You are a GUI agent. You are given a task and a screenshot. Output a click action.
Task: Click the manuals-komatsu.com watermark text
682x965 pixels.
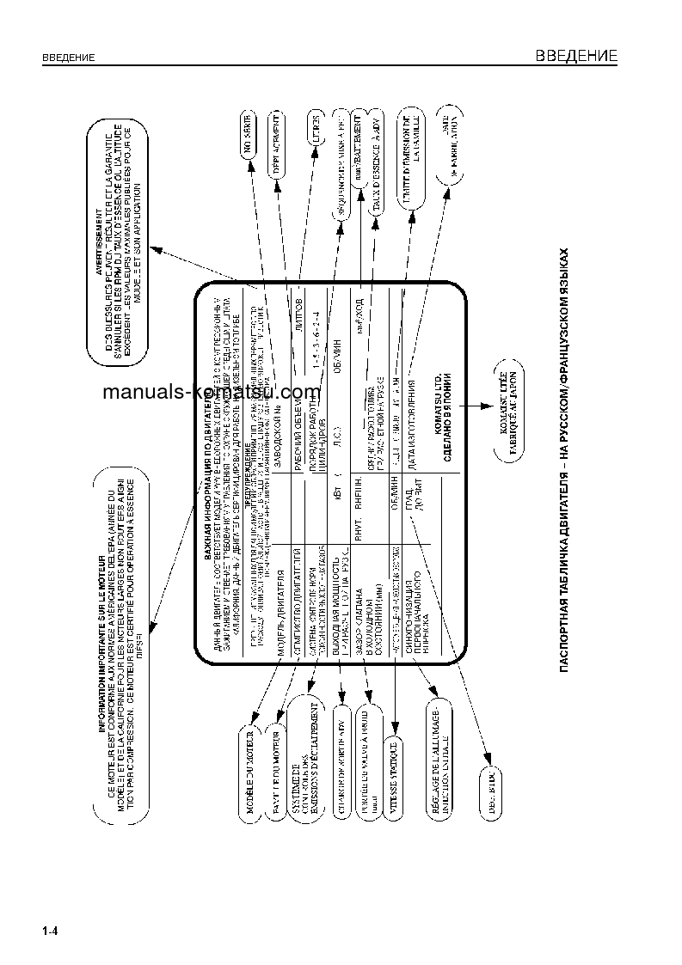(x=212, y=393)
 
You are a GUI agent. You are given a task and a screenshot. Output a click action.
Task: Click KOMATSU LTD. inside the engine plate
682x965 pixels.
(x=438, y=393)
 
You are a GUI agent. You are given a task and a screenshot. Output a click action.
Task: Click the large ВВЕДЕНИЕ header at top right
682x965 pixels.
(x=576, y=57)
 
